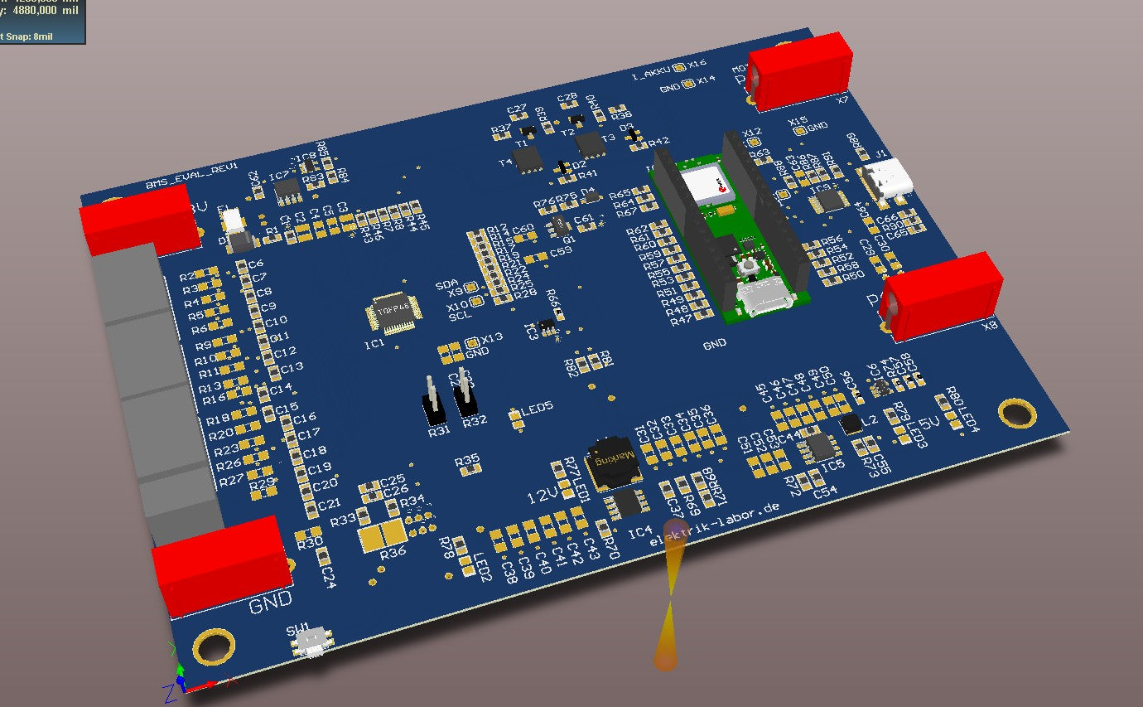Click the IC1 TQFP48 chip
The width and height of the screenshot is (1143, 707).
[389, 314]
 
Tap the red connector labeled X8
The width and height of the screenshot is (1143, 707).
[943, 294]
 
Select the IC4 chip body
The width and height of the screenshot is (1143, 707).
[629, 501]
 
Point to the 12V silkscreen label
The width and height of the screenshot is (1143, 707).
[544, 496]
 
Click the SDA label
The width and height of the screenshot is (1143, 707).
[446, 284]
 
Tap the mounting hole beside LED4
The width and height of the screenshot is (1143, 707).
[1016, 412]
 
